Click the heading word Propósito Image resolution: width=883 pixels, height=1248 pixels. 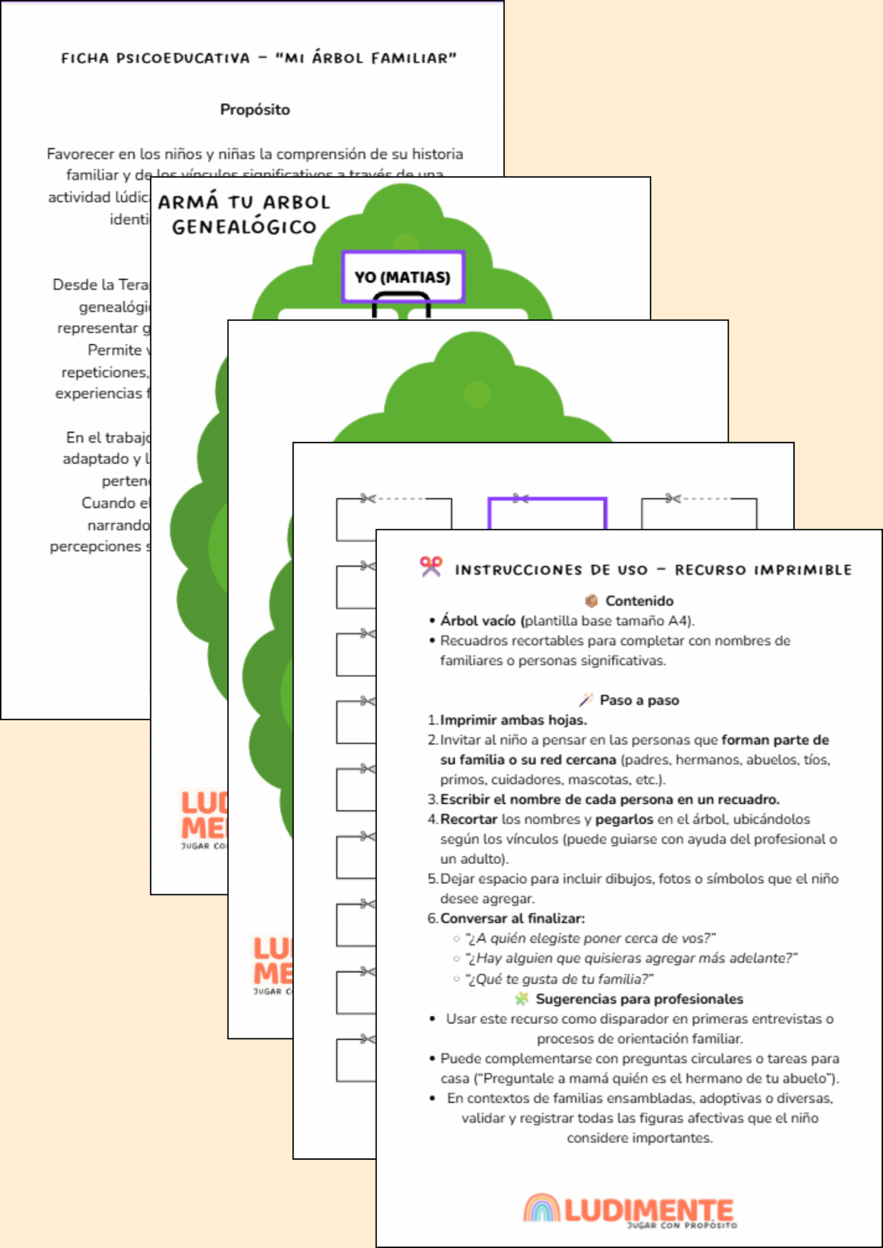pyautogui.click(x=255, y=110)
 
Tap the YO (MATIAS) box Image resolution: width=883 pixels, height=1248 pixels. pyautogui.click(x=402, y=277)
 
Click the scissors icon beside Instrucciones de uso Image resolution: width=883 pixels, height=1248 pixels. pyautogui.click(x=431, y=566)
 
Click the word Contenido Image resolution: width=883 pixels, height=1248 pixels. pyautogui.click(x=639, y=601)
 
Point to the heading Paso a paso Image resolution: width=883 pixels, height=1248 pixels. pyautogui.click(x=639, y=700)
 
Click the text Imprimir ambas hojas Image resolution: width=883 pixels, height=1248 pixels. pyautogui.click(x=513, y=720)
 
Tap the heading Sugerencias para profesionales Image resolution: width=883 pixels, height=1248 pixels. pyautogui.click(x=639, y=999)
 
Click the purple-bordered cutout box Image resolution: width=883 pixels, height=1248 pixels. pyautogui.click(x=547, y=514)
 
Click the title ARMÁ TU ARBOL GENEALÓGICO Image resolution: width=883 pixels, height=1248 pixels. pyautogui.click(x=244, y=214)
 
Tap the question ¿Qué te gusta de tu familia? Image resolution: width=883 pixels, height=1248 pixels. pyautogui.click(x=559, y=979)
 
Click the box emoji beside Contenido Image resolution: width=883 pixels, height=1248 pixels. pyautogui.click(x=591, y=601)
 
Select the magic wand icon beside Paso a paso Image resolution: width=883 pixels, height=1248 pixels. pyautogui.click(x=585, y=700)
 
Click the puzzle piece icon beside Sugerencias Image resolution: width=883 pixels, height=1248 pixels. pyautogui.click(x=521, y=999)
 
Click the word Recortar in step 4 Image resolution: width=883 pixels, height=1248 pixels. pyautogui.click(x=468, y=819)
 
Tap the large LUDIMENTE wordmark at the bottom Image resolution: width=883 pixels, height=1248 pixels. pyautogui.click(x=649, y=1209)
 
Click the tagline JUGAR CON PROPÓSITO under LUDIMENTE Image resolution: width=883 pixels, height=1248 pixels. pyautogui.click(x=682, y=1226)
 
